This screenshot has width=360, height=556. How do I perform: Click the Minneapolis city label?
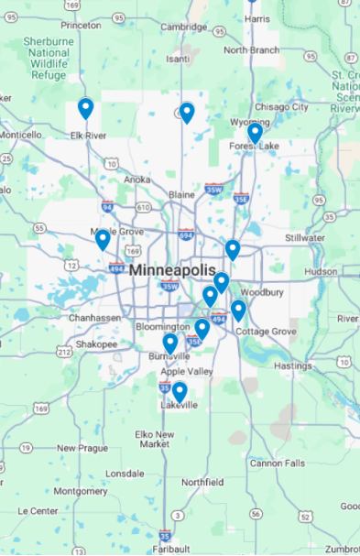tap(173, 271)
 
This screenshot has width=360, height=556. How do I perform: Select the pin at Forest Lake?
tap(255, 134)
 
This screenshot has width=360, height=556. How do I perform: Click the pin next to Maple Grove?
tap(103, 240)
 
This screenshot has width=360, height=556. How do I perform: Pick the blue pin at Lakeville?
tap(180, 392)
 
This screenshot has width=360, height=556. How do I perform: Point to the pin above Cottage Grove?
tap(238, 311)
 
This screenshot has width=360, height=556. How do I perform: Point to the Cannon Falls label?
tap(278, 463)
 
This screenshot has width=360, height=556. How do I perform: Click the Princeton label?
tap(81, 25)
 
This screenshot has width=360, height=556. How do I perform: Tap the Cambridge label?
tap(184, 27)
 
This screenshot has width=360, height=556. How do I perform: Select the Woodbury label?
tap(262, 293)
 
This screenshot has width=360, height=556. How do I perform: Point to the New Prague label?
tap(82, 448)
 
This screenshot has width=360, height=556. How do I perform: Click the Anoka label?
tap(136, 180)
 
